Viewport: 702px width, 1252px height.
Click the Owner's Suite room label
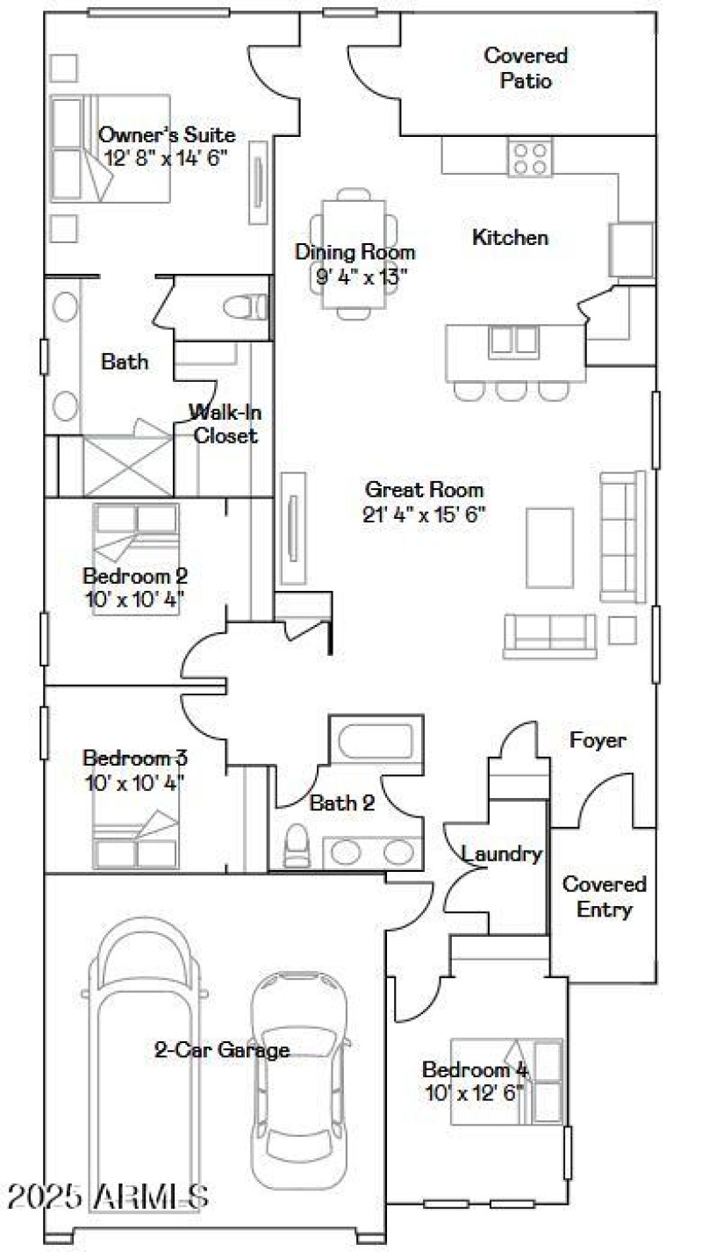pos(167,135)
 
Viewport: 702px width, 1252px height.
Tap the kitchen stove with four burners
pos(529,158)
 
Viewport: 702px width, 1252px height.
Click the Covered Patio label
pos(526,68)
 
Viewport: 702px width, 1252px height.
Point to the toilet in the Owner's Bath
pos(244,307)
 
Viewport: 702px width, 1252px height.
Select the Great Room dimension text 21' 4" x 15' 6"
pos(425,514)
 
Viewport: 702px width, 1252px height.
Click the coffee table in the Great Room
pos(550,548)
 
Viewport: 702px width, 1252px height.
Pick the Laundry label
pos(502,853)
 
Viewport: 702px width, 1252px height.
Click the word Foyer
pos(598,740)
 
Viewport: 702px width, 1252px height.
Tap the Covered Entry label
pos(605,896)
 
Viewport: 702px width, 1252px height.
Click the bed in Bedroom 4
pos(506,1082)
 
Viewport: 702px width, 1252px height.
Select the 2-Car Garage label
pos(222,1049)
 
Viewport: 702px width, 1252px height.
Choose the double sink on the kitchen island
pos(513,339)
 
